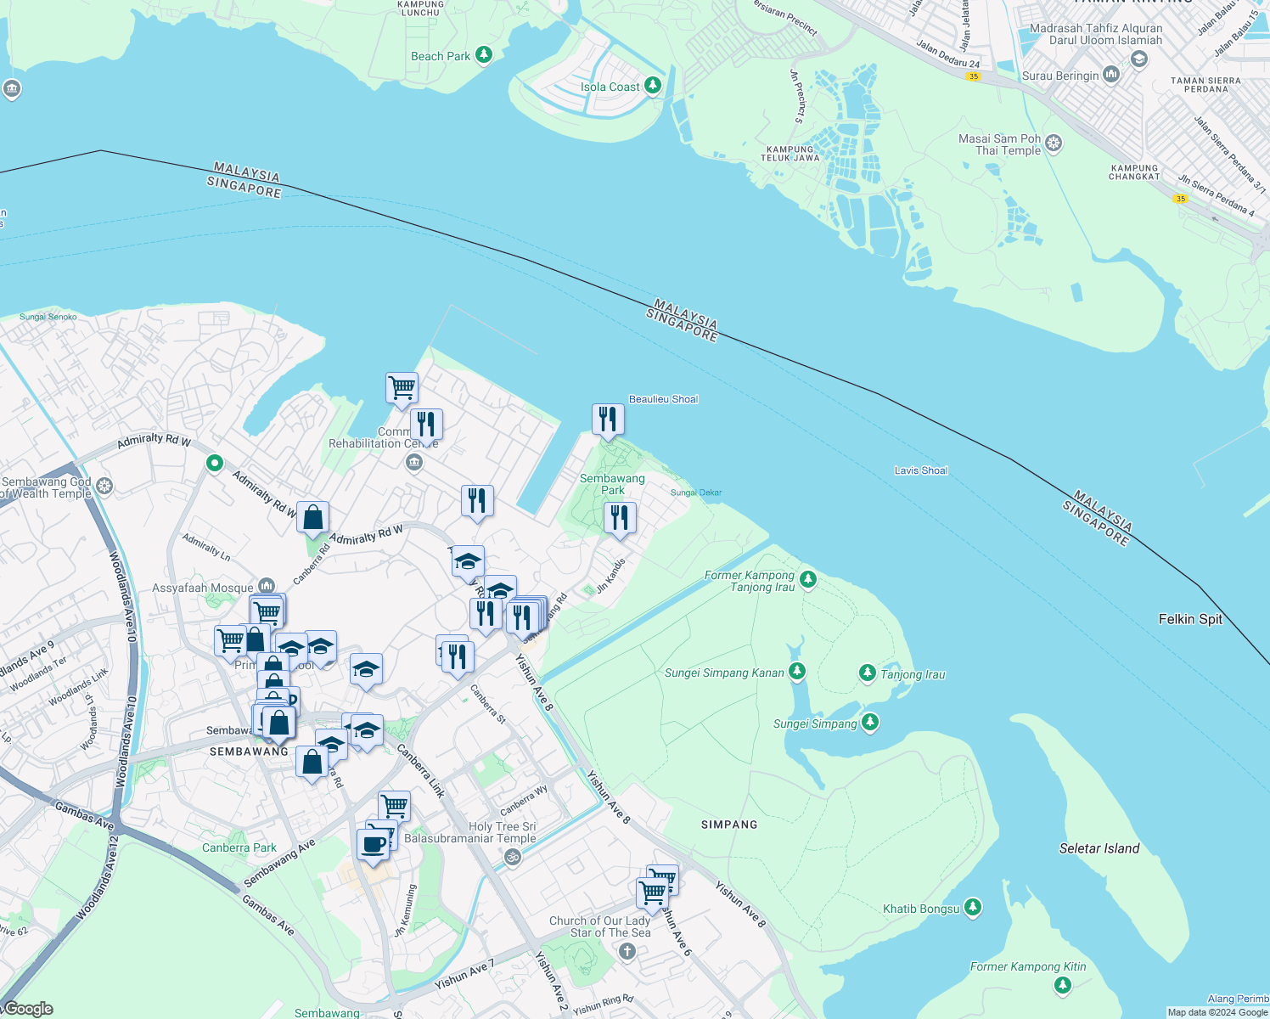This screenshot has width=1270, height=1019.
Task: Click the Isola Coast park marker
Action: pos(652,86)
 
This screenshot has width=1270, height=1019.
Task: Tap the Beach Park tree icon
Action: pos(484,55)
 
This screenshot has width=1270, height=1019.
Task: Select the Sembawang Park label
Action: pos(612,484)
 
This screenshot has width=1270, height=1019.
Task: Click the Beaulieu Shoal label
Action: pos(663,399)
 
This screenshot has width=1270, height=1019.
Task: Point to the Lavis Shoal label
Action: pos(921,470)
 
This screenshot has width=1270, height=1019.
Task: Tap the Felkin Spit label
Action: pos(1190,619)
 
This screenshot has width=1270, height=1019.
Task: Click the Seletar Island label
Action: pos(1099,848)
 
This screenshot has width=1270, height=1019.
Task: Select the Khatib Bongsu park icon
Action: pos(973,908)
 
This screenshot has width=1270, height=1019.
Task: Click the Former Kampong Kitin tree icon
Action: pos(1062,985)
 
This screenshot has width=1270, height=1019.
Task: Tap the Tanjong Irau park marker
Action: pos(867,673)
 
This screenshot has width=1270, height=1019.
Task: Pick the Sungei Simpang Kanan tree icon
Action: pos(796,672)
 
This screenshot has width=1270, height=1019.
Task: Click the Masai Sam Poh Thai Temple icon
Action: pos(1054,143)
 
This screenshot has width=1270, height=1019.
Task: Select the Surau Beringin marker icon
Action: pos(1111,75)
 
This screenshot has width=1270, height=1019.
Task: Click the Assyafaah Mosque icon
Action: pos(267,586)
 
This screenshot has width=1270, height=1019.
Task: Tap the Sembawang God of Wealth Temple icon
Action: pos(104,487)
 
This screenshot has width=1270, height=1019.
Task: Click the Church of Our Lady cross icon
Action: pos(627,951)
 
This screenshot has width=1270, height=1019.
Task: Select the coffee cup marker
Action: pos(373,844)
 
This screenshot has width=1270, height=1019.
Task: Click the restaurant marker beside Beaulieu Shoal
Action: pos(608,419)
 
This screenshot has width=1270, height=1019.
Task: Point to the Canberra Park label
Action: pos(239,847)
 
